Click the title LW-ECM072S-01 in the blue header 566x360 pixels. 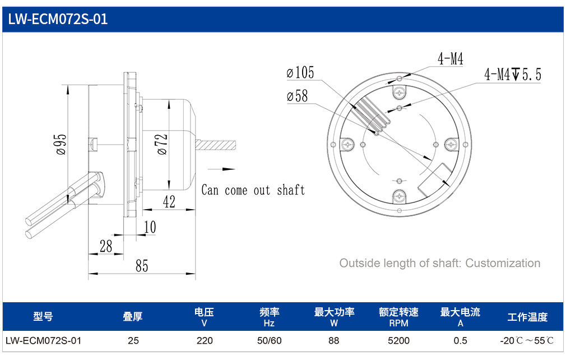pyautogui.click(x=58, y=19)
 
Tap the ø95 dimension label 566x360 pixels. pyautogui.click(x=62, y=144)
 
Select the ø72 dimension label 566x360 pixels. pyautogui.click(x=163, y=144)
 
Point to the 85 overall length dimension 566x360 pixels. pyautogui.click(x=142, y=266)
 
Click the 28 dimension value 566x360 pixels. pyautogui.click(x=106, y=246)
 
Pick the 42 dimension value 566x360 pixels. pyautogui.click(x=169, y=201)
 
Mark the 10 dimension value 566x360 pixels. pyautogui.click(x=150, y=227)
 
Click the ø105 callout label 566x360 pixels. pyautogui.click(x=300, y=72)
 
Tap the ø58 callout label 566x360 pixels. pyautogui.click(x=297, y=96)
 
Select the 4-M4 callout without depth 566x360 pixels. pyautogui.click(x=450, y=58)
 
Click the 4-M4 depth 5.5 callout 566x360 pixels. pyautogui.click(x=513, y=75)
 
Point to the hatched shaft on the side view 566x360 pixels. pyautogui.click(x=216, y=145)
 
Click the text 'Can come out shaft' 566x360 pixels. pyautogui.click(x=253, y=190)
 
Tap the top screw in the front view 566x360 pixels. pyautogui.click(x=399, y=93)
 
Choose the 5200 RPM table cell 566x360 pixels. pyautogui.click(x=399, y=340)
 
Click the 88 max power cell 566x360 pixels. pyautogui.click(x=334, y=340)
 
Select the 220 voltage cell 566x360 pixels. pyautogui.click(x=205, y=340)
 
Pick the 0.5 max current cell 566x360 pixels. pyautogui.click(x=460, y=340)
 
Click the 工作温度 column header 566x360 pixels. pyautogui.click(x=527, y=317)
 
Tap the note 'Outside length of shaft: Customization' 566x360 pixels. pyautogui.click(x=440, y=263)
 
